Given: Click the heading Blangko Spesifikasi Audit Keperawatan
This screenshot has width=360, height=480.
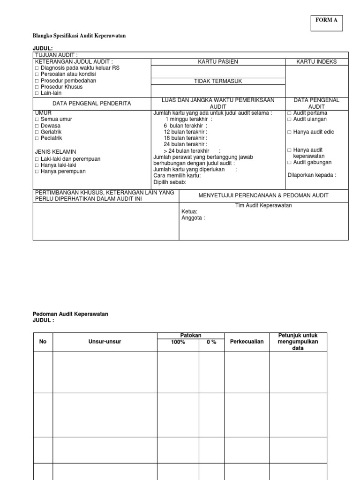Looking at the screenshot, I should (79, 36).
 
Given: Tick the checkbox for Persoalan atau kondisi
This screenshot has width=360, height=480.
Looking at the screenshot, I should (37, 74).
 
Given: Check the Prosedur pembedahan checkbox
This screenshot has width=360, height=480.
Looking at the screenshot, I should (37, 81).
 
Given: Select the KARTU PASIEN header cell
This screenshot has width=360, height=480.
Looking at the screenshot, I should (217, 62).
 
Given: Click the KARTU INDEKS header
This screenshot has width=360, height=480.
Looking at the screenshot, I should (316, 62).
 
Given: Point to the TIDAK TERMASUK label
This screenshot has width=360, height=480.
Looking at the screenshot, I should (217, 81).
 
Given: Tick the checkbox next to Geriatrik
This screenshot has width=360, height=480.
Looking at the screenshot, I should (37, 132).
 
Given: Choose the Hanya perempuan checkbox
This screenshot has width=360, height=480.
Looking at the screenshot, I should (37, 172).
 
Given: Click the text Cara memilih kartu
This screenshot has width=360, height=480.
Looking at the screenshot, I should (177, 176).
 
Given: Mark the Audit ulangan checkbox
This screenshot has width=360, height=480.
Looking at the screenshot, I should (289, 120).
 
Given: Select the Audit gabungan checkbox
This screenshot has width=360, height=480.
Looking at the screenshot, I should (289, 162).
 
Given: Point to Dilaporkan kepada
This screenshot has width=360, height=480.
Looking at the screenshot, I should (311, 175).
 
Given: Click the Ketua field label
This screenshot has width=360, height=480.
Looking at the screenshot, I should (189, 212).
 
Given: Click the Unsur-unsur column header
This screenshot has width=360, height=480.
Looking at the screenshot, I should (105, 342).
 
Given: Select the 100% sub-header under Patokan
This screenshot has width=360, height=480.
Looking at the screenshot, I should (178, 342).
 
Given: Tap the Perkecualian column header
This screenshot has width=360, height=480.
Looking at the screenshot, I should (247, 342).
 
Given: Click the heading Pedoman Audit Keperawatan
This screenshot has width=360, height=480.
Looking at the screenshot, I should (70, 314).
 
